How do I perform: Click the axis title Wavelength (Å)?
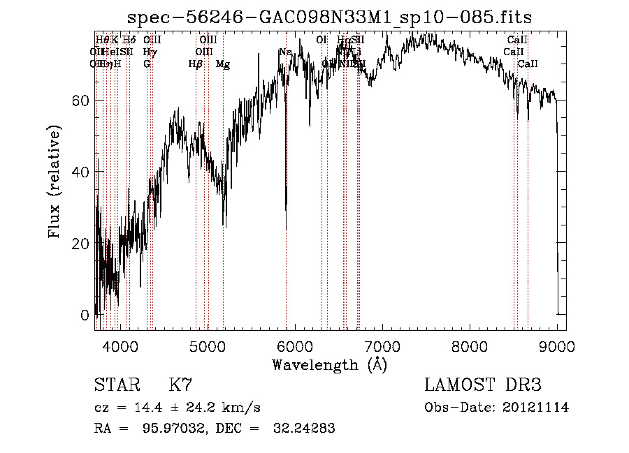tap(329, 364)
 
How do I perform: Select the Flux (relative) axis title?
tap(55, 181)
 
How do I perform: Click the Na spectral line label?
tap(284, 52)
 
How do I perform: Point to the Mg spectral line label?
tap(223, 64)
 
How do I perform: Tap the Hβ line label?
tap(196, 64)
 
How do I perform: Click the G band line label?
tap(147, 64)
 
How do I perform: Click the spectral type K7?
tap(180, 385)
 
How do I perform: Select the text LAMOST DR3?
tap(483, 385)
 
